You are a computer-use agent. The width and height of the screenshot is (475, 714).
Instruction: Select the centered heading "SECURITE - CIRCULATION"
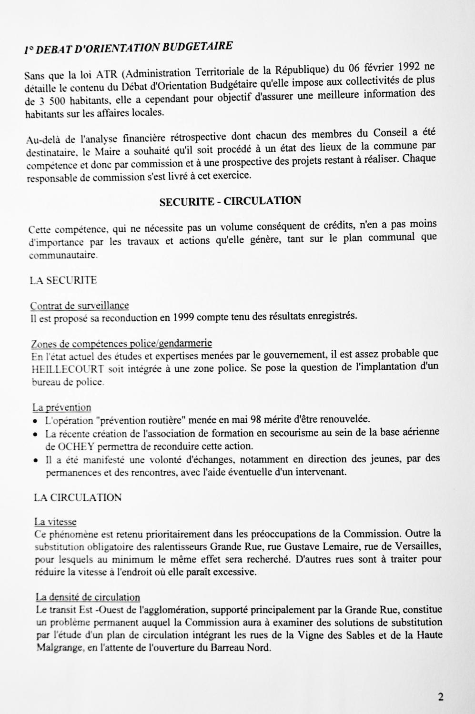(x=230, y=200)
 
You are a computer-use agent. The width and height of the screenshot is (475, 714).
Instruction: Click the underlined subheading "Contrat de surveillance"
(x=80, y=306)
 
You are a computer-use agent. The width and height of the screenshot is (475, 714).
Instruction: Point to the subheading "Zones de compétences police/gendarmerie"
(x=121, y=343)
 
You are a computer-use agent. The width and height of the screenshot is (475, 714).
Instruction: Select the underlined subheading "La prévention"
(x=61, y=407)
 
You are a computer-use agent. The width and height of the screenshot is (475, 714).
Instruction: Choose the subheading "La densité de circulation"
(x=88, y=597)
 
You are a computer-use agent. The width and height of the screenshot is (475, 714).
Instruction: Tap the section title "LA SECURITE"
(x=63, y=280)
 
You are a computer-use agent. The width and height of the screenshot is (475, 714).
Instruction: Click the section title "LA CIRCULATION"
(x=78, y=497)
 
